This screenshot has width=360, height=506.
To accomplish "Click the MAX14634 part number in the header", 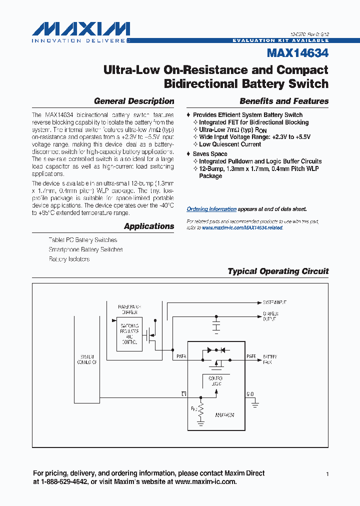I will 297,52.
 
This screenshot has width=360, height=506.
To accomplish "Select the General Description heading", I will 134,101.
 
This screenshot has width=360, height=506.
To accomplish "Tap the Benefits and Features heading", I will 284,101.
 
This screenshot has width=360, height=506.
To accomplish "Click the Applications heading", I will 149,226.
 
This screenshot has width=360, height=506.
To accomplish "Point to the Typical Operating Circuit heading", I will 278,271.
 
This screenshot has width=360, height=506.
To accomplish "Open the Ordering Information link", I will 211,209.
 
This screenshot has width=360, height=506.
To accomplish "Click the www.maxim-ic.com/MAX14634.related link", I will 242,227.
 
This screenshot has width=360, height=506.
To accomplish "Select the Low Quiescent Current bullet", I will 230,144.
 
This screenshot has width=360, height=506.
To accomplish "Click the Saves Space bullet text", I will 210,154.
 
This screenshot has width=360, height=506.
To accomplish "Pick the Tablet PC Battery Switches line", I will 83,240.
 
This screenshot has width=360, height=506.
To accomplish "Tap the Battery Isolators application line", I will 69,259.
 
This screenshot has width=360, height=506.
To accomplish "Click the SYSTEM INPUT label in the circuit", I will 274,302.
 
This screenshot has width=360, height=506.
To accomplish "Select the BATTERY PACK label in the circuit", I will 270,359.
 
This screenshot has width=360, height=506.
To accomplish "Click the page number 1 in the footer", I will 327,473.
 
